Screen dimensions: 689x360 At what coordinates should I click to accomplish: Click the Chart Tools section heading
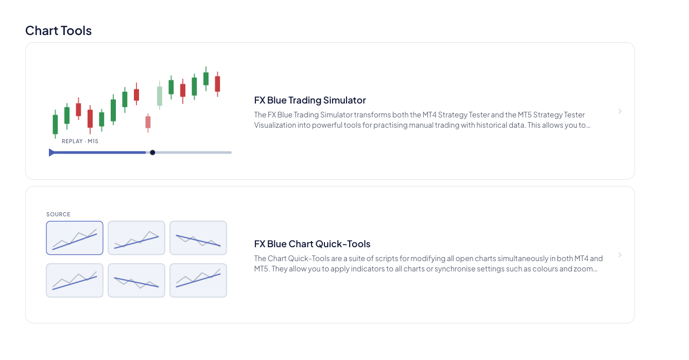click(58, 30)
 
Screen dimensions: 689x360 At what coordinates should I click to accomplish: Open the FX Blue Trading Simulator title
click(310, 100)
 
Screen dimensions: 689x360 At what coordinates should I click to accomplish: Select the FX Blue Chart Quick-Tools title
click(312, 244)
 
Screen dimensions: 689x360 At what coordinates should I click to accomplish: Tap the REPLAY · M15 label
click(80, 141)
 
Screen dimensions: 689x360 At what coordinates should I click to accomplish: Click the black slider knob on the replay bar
click(152, 152)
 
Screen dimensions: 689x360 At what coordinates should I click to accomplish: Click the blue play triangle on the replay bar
click(51, 152)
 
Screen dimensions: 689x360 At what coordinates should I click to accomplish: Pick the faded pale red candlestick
click(148, 123)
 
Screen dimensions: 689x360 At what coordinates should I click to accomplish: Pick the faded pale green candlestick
click(160, 95)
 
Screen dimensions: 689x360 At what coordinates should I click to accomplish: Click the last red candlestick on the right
click(217, 84)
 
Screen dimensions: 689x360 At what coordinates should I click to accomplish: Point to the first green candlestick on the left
click(56, 124)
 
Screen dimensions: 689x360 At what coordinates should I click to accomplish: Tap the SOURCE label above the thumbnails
click(58, 214)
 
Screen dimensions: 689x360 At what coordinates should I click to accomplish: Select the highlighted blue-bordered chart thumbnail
click(75, 238)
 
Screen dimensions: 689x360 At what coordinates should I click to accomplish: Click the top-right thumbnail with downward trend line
click(198, 238)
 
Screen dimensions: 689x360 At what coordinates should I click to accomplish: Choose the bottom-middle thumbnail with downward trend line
click(136, 280)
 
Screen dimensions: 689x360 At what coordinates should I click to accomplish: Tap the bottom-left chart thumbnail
click(75, 280)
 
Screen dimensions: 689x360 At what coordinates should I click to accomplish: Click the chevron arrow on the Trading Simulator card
click(620, 111)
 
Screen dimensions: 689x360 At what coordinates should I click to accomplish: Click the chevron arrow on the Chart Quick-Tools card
click(620, 255)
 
